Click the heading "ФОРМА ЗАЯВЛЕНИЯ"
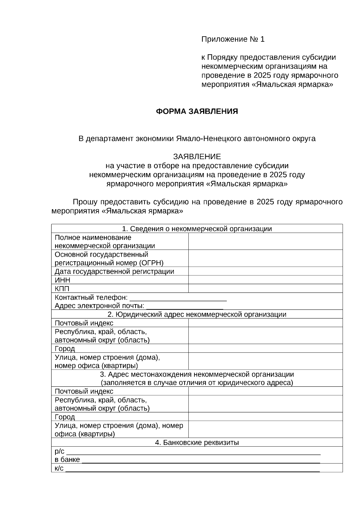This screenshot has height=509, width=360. (197, 112)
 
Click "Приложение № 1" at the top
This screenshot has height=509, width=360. (233, 39)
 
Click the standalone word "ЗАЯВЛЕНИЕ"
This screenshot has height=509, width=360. (197, 157)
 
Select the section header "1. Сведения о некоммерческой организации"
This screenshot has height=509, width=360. (197, 229)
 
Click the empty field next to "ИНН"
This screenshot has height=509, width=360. (265, 280)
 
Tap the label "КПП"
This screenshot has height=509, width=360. (62, 289)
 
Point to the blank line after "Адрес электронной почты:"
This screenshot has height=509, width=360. (185, 307)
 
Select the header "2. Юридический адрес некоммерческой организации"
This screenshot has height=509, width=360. (197, 314)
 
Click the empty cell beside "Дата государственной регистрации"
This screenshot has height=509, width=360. (265, 271)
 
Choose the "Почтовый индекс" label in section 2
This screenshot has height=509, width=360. (84, 323)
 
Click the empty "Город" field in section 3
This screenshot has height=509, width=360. (265, 417)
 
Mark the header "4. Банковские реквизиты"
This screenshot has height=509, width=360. (197, 442)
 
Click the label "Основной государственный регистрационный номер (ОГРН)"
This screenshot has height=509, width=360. (109, 259)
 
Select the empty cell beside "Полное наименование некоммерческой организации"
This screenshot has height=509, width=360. (265, 242)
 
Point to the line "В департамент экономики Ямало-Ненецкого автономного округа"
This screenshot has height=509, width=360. (197, 139)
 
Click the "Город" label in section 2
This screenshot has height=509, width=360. (65, 349)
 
